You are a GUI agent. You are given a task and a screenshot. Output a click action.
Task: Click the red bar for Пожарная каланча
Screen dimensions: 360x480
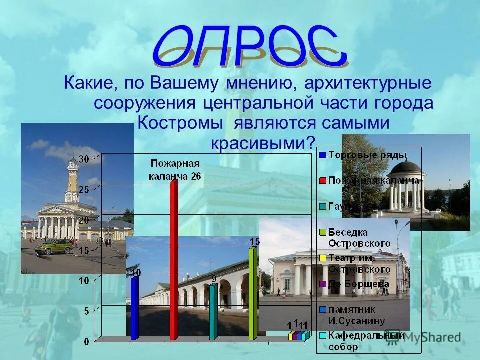coord(173,260)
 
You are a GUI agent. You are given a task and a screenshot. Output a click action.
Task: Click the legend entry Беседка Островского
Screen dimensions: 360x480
coord(359,237)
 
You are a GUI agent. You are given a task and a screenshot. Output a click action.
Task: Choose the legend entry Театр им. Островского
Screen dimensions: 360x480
coord(359,264)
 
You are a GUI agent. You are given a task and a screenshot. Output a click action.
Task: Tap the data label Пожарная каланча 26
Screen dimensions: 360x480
coord(175,170)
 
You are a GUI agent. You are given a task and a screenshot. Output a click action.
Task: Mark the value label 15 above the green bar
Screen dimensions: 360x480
coord(255,241)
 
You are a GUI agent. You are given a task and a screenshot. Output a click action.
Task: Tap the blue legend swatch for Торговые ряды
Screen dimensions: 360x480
coord(323,155)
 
